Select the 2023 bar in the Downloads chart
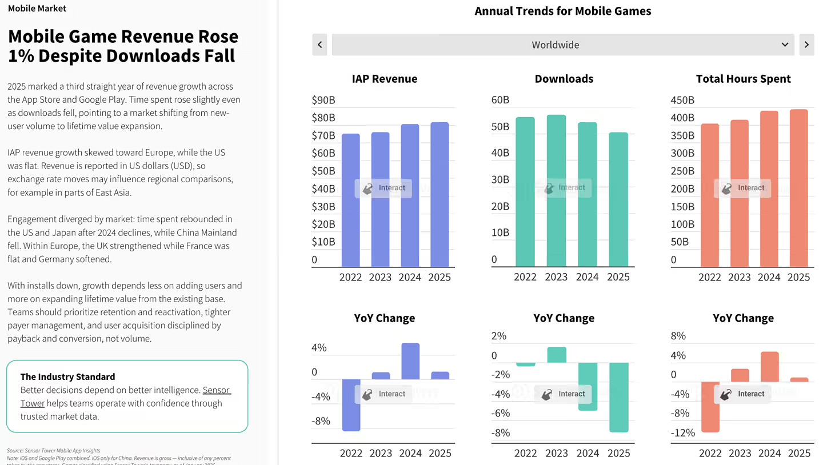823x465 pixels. [x=556, y=191]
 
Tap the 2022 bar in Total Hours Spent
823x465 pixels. [x=710, y=195]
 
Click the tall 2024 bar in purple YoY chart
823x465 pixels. [x=410, y=361]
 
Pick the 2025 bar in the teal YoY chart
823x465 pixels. [x=618, y=397]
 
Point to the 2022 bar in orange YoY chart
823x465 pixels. [x=710, y=407]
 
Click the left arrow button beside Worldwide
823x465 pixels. [x=319, y=45]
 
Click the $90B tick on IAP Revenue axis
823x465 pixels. [x=323, y=101]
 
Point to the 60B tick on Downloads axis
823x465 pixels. [x=500, y=101]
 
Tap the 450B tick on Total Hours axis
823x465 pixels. [x=682, y=101]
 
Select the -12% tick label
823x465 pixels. [x=683, y=433]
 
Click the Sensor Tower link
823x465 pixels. [x=217, y=390]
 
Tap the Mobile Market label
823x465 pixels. [x=37, y=9]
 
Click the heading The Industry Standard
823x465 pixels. [x=67, y=376]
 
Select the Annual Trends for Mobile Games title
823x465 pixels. [x=563, y=11]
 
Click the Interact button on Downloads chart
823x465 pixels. [x=563, y=187]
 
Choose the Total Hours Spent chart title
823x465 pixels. [x=743, y=79]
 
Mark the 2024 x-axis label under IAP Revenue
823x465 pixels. [x=410, y=277]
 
